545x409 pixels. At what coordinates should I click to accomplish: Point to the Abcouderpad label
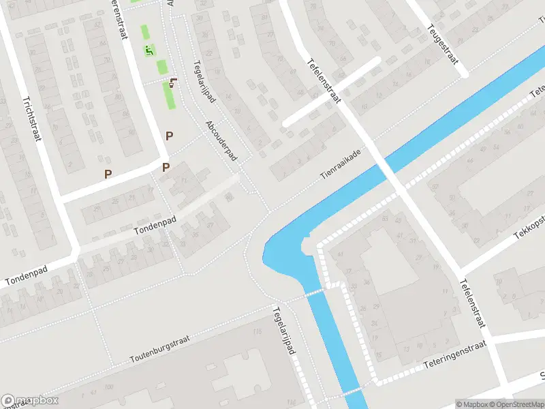[x=221, y=141]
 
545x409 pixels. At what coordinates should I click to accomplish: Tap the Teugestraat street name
[x=442, y=45]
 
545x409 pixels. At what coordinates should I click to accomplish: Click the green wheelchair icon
[x=149, y=50]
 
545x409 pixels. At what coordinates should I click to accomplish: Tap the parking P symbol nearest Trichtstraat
[x=108, y=174]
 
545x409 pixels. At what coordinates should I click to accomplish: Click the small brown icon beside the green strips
[x=174, y=82]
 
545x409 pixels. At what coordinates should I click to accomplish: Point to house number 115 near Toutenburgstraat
[x=257, y=332]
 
